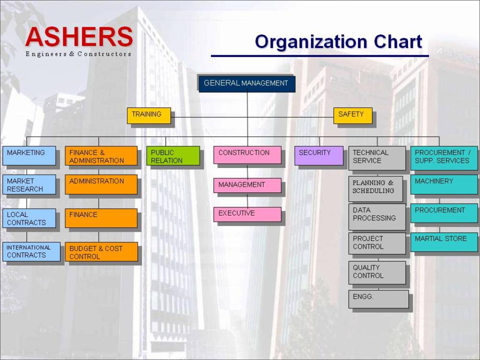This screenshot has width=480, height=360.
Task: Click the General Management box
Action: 247,84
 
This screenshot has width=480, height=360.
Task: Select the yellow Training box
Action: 149,115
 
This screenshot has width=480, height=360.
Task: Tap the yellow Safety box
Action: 353,115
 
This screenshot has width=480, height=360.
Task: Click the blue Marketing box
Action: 29,156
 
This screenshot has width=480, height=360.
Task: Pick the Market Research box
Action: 29,185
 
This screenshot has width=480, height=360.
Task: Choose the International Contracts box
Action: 32,252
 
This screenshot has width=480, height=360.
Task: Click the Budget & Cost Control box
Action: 101,252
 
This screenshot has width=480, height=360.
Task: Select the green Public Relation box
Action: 173,156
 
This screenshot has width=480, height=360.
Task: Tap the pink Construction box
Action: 247,155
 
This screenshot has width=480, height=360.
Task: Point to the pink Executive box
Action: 247,214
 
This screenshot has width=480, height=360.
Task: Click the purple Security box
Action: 319,156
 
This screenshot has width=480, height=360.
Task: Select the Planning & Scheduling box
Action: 376,189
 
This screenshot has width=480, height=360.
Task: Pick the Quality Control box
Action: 377,273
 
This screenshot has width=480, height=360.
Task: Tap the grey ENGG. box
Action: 379,299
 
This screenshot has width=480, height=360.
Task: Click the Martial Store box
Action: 444,242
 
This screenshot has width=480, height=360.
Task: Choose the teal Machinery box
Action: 444,185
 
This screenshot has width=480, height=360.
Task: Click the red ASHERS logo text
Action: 79,37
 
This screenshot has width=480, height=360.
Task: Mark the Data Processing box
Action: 377,217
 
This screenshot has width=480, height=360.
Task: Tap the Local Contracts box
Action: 29,218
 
